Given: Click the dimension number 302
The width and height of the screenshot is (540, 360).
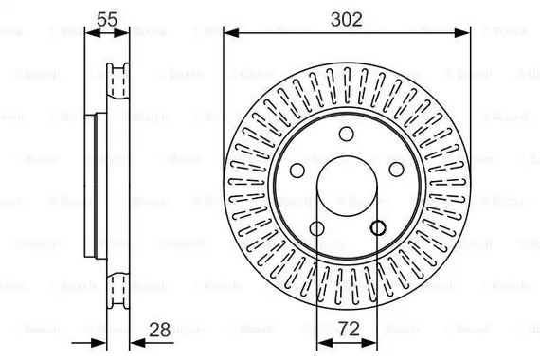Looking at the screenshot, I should (x=347, y=17).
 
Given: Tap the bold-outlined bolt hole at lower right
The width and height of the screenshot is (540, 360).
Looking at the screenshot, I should (x=380, y=227).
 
